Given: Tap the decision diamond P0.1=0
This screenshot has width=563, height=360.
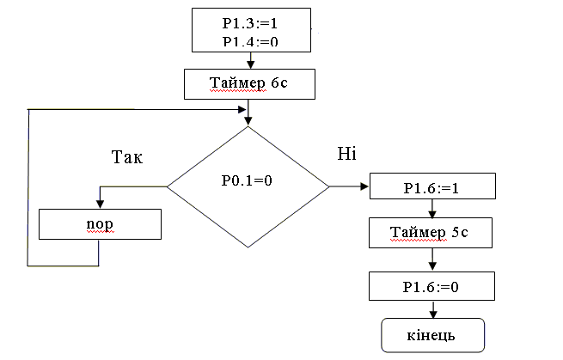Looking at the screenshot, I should point(248,185).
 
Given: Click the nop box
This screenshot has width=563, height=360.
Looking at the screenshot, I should point(101,224).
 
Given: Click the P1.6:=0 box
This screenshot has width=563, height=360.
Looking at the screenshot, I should point(432,287).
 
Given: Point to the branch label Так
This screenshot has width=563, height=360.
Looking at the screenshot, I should point(128,158).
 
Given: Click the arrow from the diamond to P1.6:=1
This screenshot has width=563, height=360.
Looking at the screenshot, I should point(349,186).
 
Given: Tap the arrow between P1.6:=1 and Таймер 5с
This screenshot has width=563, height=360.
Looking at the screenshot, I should point(432,209).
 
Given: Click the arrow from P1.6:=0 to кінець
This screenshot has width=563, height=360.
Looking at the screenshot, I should point(432,310).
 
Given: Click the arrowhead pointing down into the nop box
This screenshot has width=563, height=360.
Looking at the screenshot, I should point(101,204).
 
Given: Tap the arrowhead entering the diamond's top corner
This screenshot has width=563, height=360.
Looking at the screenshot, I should point(248,121).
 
